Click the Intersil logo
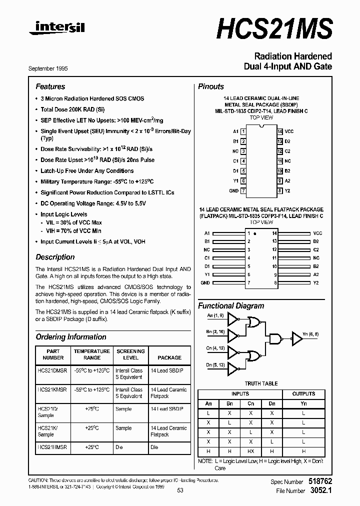pyautogui.click(x=57, y=29)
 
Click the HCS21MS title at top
pyautogui.click(x=274, y=28)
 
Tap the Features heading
pyautogui.click(x=50, y=86)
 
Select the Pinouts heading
pyautogui.click(x=211, y=86)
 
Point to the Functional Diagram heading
pyautogui.click(x=231, y=305)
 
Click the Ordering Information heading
pyautogui.click(x=71, y=337)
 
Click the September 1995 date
pyautogui.click(x=48, y=68)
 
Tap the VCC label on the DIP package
pyautogui.click(x=289, y=131)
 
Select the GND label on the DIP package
pyautogui.click(x=233, y=190)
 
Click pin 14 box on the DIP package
pyautogui.click(x=280, y=131)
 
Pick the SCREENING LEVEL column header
pyautogui.click(x=130, y=354)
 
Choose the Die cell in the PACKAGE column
pyautogui.click(x=154, y=447)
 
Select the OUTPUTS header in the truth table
pyautogui.click(x=303, y=394)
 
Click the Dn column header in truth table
pyautogui.click(x=271, y=403)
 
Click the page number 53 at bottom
pyautogui.click(x=180, y=490)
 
